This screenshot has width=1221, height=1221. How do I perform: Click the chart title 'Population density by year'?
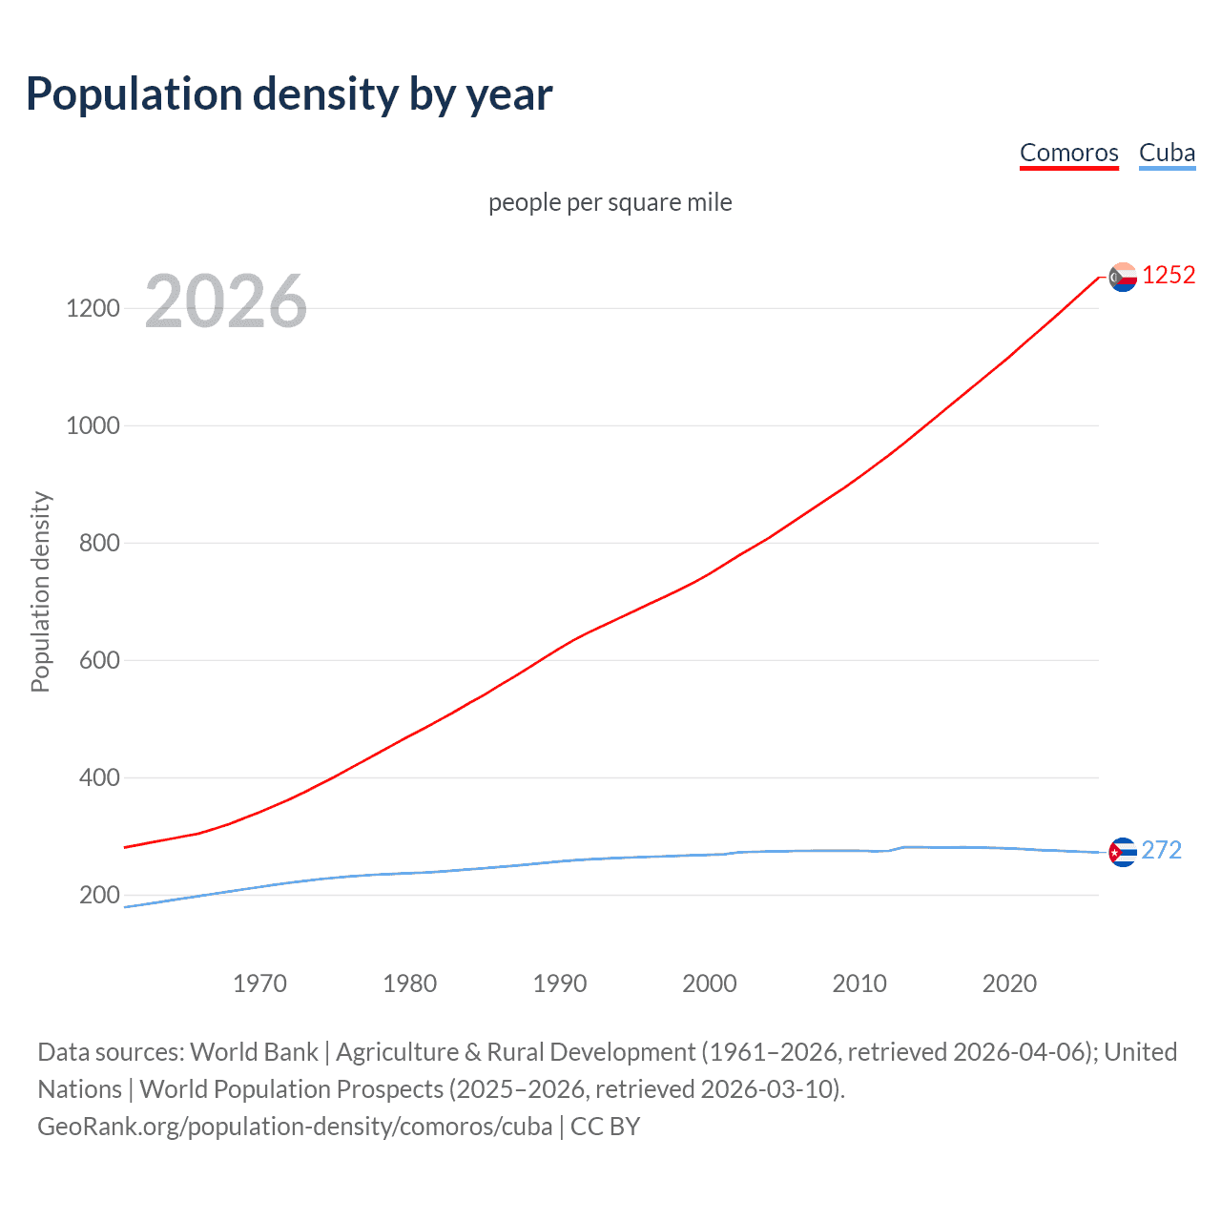pyautogui.click(x=289, y=94)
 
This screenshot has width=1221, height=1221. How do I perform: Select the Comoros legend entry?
pyautogui.click(x=1068, y=153)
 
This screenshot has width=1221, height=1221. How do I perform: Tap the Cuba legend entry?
pyautogui.click(x=1167, y=153)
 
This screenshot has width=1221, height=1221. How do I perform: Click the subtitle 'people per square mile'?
pyautogui.click(x=610, y=202)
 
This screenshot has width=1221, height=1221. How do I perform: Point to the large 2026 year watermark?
pyautogui.click(x=226, y=301)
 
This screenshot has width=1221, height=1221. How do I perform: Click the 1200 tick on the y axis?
pyautogui.click(x=93, y=308)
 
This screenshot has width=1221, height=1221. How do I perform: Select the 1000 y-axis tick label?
pyautogui.click(x=93, y=425)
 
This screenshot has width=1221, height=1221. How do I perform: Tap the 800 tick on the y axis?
pyautogui.click(x=99, y=543)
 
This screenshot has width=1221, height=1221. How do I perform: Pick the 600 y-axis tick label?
pyautogui.click(x=99, y=660)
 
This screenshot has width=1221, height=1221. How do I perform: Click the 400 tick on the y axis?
pyautogui.click(x=99, y=777)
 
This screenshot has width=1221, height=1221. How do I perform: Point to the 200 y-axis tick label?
pyautogui.click(x=99, y=895)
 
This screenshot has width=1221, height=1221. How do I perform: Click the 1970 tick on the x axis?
pyautogui.click(x=259, y=983)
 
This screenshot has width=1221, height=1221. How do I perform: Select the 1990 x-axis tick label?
pyautogui.click(x=560, y=983)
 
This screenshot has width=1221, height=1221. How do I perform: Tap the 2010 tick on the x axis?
pyautogui.click(x=859, y=983)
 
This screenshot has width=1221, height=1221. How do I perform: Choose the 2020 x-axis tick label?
pyautogui.click(x=1009, y=983)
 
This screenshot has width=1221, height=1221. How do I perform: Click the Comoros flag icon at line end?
pyautogui.click(x=1123, y=277)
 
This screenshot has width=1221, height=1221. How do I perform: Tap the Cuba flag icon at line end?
pyautogui.click(x=1123, y=852)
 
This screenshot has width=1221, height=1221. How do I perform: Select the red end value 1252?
pyautogui.click(x=1169, y=276)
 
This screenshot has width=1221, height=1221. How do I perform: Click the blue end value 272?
pyautogui.click(x=1161, y=850)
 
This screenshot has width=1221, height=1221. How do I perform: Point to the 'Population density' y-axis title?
pyautogui.click(x=40, y=591)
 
